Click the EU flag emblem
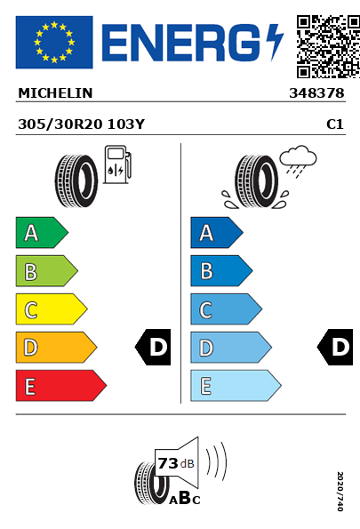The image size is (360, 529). point(54,42)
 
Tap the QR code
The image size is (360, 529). point(328,46)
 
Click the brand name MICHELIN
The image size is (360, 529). point(55,93)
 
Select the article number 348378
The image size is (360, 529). point(316,93)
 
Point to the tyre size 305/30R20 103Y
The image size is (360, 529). point(81,124)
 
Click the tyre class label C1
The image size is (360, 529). point(335,124)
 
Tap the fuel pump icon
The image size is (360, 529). point(117,164)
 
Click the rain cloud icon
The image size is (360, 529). point(299,161)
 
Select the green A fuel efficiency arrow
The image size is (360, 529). point(42,232)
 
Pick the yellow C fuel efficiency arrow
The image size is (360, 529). point(52,309)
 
